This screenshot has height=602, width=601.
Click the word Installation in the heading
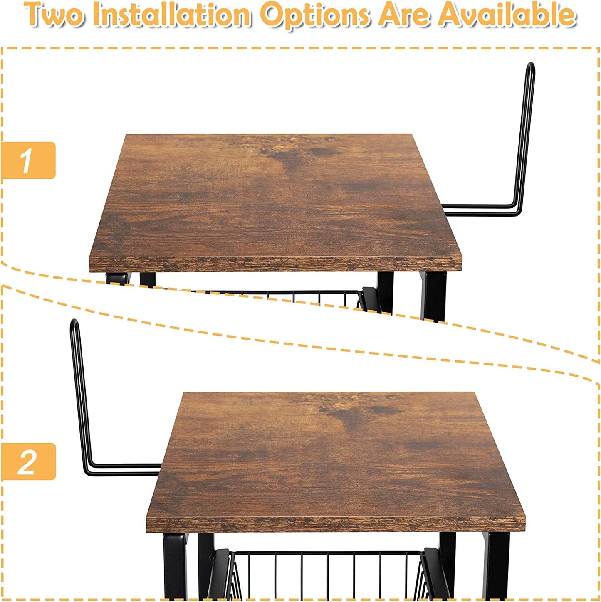point(171,15)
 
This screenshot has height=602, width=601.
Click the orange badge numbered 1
point(28,160)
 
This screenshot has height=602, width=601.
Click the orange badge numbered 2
point(28,462)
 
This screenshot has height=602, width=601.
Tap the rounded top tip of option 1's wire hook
point(531,64)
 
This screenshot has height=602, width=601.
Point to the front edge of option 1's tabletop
point(275,264)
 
